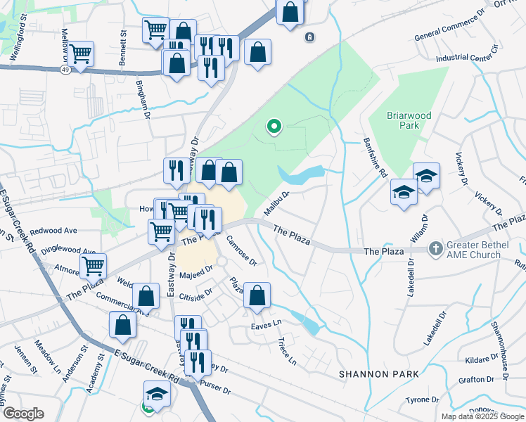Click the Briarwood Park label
[409, 120]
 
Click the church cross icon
[436, 248]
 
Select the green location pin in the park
[274, 127]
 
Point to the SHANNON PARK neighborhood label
[379, 373]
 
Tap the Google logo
[23, 414]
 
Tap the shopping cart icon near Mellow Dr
[81, 53]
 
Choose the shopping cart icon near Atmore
[93, 265]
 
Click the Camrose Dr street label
[243, 250]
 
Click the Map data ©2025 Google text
[482, 416]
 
